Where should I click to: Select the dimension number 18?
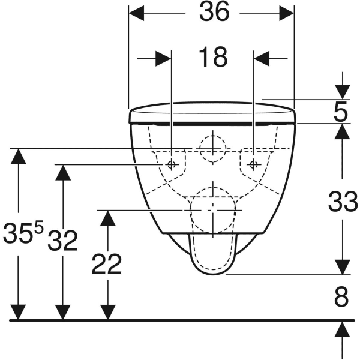213,57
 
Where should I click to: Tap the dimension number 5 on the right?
341,113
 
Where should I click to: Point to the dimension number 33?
343,202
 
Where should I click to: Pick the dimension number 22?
107,264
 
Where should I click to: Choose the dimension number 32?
62,241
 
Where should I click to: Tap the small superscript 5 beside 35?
38,227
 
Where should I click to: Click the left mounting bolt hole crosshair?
171,164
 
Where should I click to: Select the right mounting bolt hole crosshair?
253,164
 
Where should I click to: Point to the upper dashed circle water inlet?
213,136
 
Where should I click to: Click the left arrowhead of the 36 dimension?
136,13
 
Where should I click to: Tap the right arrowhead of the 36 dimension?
287,13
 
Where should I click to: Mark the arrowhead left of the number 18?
163,59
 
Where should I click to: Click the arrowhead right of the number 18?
261,59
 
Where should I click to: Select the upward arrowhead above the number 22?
107,218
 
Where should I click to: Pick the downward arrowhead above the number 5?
343,92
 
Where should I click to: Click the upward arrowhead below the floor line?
342,329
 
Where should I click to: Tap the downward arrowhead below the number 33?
343,267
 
